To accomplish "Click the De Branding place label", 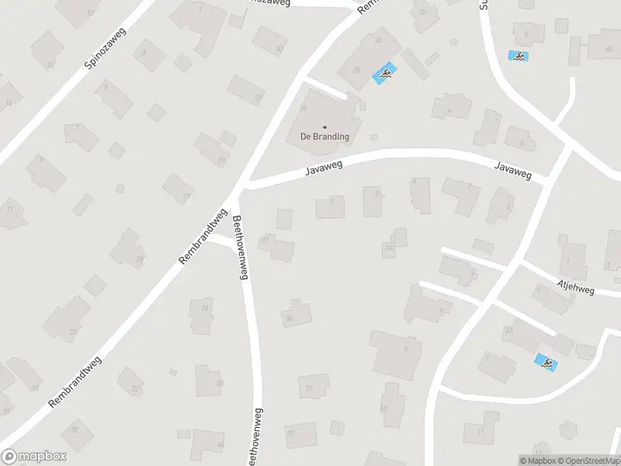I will click(324, 137).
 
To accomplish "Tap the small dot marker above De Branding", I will click(324, 127).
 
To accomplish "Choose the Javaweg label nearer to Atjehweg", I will click(513, 170).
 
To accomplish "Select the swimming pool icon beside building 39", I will click(383, 75).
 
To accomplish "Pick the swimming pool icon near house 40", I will click(518, 55).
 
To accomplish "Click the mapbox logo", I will click(34, 456).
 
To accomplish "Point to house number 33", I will click(279, 48).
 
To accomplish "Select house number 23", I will click(73, 332).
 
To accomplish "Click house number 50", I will click(220, 383).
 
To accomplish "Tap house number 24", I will click(205, 308).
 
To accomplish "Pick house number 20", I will click(36, 387).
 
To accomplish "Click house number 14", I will click(9, 103).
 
